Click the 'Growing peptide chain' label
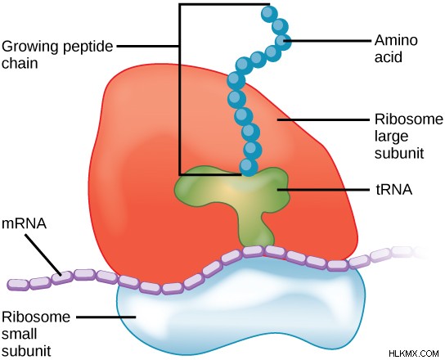[x=57, y=55]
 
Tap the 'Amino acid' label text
[x=396, y=48]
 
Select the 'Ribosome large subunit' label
[x=409, y=137]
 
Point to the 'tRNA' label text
[x=394, y=190]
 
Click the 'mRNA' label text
[x=24, y=223]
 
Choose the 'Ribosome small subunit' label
[x=36, y=334]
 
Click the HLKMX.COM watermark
[x=414, y=353]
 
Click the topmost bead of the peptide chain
[x=269, y=13]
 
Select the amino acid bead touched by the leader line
[x=283, y=41]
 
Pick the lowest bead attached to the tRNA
[x=249, y=167]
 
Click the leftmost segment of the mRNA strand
[x=18, y=285]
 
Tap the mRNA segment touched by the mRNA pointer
[x=62, y=277]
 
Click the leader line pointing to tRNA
[x=325, y=189]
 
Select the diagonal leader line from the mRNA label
[x=43, y=254]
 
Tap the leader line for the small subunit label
[x=106, y=317]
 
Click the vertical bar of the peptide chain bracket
[x=179, y=89]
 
